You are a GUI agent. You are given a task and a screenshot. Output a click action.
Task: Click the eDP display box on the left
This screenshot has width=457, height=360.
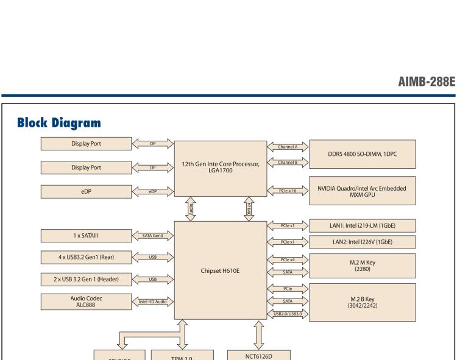87,191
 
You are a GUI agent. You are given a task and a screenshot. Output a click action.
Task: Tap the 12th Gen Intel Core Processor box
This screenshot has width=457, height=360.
221,167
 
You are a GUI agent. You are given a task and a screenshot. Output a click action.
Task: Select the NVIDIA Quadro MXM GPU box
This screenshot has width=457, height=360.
372,191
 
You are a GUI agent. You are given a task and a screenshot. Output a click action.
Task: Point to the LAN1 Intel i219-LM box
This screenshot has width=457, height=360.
372,227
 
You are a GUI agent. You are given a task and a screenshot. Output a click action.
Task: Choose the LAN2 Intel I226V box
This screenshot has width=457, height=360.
372,242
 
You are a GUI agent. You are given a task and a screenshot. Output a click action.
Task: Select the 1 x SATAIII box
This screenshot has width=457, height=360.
87,235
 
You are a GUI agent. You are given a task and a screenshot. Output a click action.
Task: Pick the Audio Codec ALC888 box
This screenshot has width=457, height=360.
87,301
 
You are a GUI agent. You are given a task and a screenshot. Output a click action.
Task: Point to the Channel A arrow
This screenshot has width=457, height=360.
288,147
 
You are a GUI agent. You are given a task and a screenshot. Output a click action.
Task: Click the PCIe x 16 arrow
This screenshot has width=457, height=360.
288,191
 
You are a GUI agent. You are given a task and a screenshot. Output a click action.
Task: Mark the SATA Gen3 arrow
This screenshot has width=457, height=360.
153,235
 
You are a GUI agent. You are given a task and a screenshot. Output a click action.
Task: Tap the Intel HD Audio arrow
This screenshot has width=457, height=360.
153,302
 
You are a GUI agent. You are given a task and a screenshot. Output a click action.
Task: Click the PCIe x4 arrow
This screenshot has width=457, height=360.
288,260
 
